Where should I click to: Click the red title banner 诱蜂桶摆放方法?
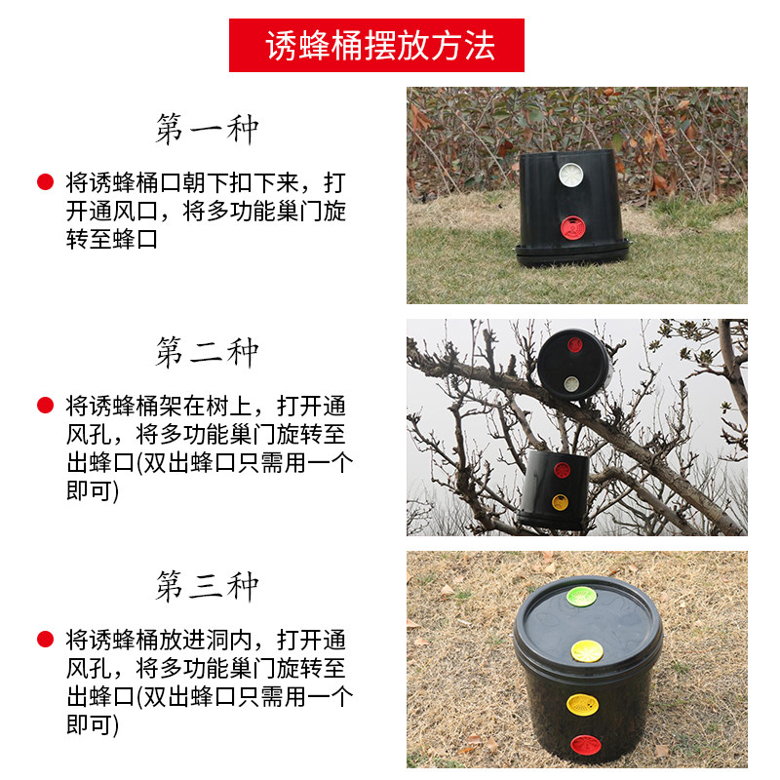click(376, 45)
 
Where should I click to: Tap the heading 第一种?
click(207, 129)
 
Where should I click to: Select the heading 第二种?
click(207, 352)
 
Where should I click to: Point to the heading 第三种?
click(207, 586)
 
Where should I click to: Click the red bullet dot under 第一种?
click(45, 182)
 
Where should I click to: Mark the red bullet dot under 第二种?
click(45, 406)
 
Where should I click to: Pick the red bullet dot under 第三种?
click(45, 640)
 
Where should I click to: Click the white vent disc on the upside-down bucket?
click(571, 175)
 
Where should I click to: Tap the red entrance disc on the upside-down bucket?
click(572, 228)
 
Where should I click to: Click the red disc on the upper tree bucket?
click(574, 345)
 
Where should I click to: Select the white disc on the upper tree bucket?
click(571, 383)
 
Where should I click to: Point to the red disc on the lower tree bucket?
click(562, 470)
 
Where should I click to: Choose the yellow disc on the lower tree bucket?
click(560, 502)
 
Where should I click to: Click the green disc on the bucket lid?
click(581, 596)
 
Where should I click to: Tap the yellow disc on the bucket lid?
click(587, 651)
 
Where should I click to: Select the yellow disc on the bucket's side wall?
click(583, 704)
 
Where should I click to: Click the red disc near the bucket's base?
click(586, 745)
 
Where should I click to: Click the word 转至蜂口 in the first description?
click(112, 239)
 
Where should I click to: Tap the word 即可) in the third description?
click(93, 724)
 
